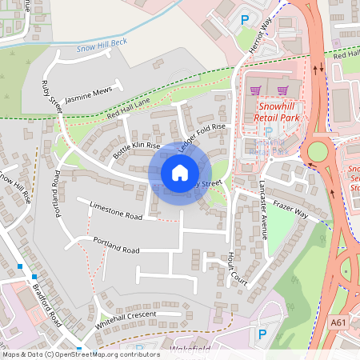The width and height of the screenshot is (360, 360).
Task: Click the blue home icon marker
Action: click(180, 172)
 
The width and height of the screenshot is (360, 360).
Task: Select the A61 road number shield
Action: click(338, 321)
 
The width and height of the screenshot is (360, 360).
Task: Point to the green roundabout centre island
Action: click(319, 150)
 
